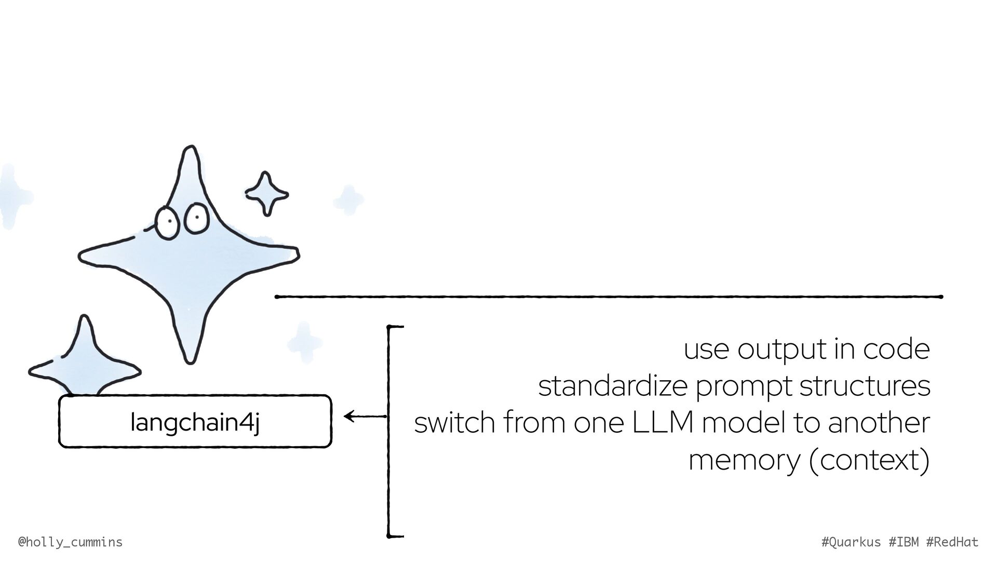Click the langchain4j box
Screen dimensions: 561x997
pyautogui.click(x=195, y=421)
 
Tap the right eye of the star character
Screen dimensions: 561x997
pyautogui.click(x=196, y=217)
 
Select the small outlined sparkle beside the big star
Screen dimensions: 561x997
pyautogui.click(x=266, y=194)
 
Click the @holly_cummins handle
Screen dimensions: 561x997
pyautogui.click(x=70, y=542)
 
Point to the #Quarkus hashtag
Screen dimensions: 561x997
pyautogui.click(x=851, y=542)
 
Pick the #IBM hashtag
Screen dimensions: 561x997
pyautogui.click(x=904, y=542)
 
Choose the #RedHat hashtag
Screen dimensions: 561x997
pyautogui.click(x=952, y=542)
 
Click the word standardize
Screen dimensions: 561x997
pyautogui.click(x=612, y=386)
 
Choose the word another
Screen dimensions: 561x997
pyautogui.click(x=878, y=423)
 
